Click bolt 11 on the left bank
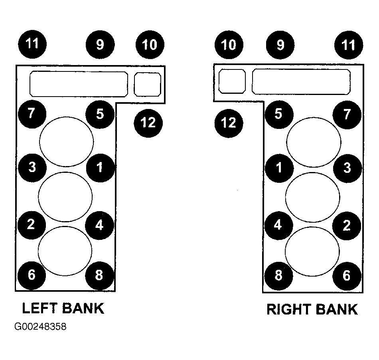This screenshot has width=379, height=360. tap(32, 44)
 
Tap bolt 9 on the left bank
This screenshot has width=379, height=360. tap(100, 45)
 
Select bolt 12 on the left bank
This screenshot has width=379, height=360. tap(148, 123)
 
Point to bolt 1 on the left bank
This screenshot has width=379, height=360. tap(100, 168)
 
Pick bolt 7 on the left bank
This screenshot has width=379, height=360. tap(32, 114)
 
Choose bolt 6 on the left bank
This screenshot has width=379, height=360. tap(32, 275)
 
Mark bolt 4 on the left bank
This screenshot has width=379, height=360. tap(100, 225)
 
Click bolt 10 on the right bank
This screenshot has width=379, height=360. tap(229, 45)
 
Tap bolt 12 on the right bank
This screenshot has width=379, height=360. tap(229, 123)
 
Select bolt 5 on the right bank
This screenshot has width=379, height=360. tap(279, 115)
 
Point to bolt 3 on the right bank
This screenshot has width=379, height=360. tap(347, 168)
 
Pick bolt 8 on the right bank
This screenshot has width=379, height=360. tap(279, 276)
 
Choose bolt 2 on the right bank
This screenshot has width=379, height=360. tap(347, 226)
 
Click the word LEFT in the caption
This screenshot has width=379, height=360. tap(39, 308)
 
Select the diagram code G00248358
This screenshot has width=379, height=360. tap(40, 326)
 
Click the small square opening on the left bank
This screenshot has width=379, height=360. tap(148, 84)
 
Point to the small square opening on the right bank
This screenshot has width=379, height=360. tap(232, 81)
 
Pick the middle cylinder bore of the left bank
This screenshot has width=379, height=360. tap(65, 197)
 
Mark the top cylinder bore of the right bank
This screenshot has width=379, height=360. tap(314, 142)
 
